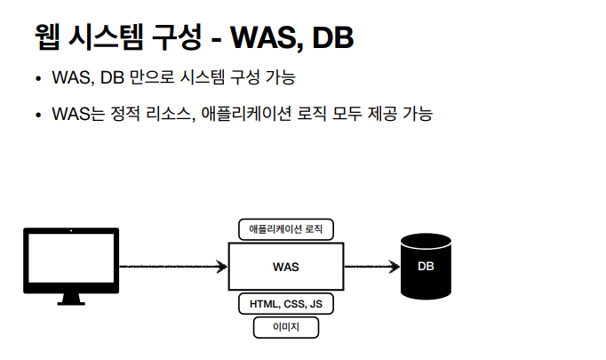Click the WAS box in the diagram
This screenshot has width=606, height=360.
(285, 266)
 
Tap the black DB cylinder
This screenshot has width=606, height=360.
(426, 266)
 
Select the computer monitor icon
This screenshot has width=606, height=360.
(70, 259)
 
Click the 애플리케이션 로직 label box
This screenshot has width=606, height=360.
(286, 229)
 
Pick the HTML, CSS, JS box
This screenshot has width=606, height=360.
(286, 304)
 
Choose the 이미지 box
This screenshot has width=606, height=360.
(286, 328)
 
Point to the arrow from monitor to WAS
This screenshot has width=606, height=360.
(173, 266)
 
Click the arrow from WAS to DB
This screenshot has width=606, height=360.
(371, 266)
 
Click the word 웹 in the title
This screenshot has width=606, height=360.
(50, 37)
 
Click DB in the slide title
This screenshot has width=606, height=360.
(334, 37)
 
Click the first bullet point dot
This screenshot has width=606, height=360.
(38, 80)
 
